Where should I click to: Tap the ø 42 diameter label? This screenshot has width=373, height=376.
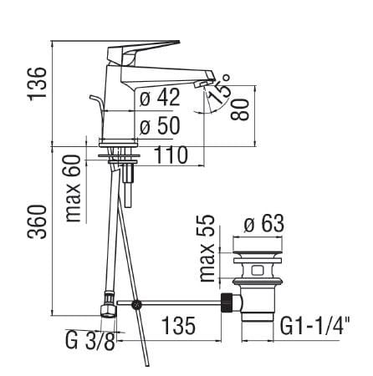click(x=160, y=99)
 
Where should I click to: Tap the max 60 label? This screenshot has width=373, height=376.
click(x=74, y=188)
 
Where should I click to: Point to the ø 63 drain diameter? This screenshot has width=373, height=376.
click(x=262, y=224)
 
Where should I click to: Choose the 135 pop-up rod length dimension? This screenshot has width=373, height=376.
click(x=176, y=327)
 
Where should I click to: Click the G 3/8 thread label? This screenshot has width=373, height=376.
click(x=89, y=343)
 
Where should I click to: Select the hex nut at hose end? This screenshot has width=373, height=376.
click(x=107, y=310)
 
